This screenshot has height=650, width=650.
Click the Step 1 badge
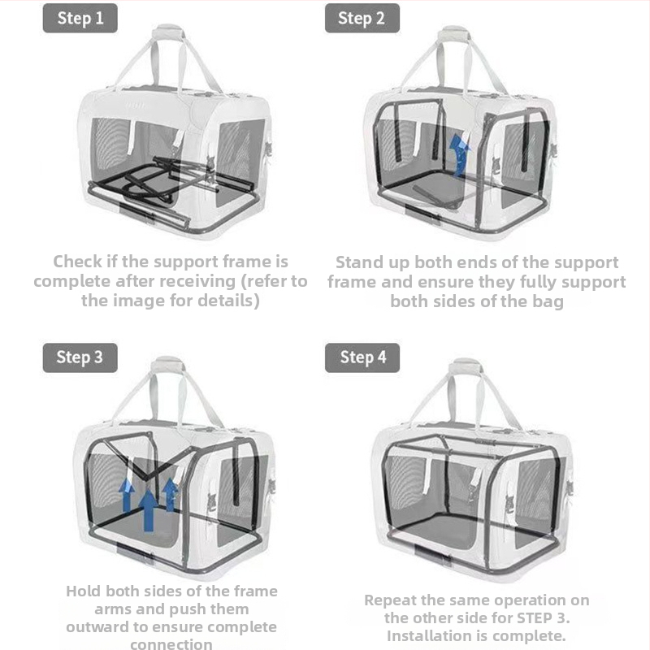point(80,18)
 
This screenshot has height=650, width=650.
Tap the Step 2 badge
point(362,18)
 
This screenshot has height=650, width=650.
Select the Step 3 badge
point(80,357)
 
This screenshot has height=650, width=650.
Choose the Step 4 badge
point(362,357)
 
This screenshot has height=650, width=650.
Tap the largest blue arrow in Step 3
point(148,510)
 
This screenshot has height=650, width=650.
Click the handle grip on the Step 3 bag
point(168,365)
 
